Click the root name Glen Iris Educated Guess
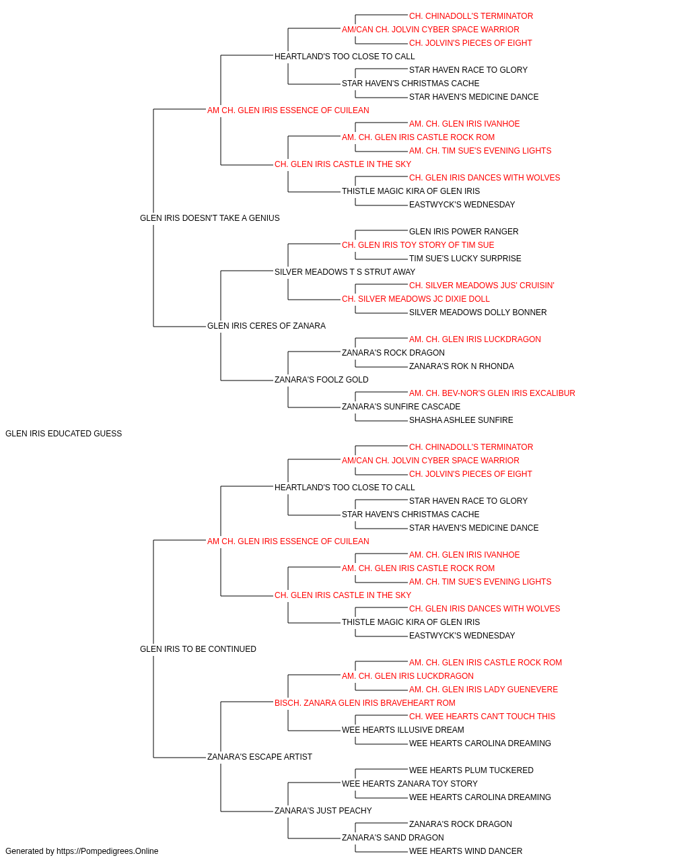tap(63, 434)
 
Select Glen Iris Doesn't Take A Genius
tap(210, 218)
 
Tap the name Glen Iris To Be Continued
tap(198, 649)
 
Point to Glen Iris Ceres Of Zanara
tap(267, 326)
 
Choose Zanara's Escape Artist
tap(260, 757)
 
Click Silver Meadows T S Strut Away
tap(345, 272)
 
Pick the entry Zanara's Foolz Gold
tap(322, 380)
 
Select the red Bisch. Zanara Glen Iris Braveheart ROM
tap(365, 703)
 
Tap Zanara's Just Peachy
tap(323, 811)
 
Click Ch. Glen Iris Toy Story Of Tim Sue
tap(418, 245)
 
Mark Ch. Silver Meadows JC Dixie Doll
tap(416, 299)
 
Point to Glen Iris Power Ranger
tap(464, 232)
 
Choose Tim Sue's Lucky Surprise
tap(465, 259)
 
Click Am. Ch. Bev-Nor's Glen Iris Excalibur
tap(492, 393)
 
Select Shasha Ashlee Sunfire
tap(461, 420)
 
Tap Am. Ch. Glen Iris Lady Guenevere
tap(483, 690)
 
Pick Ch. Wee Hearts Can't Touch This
tap(482, 717)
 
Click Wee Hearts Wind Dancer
tap(466, 851)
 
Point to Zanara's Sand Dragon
tap(393, 838)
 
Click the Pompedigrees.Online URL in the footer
tap(108, 851)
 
